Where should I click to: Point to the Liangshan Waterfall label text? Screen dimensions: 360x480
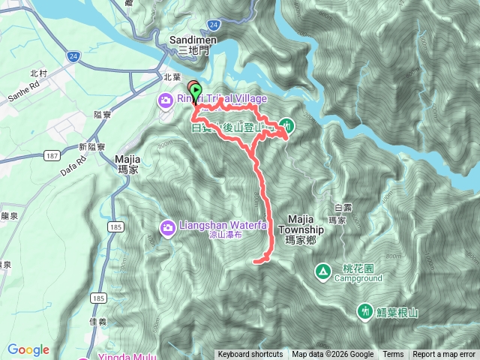[x=214, y=226]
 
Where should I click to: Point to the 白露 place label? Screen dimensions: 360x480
[x=342, y=207]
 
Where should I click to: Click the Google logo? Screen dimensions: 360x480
[x=28, y=349]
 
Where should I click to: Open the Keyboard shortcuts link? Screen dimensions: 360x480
[x=250, y=355]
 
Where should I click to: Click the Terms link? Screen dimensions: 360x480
[x=393, y=355]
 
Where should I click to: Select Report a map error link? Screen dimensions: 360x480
[x=445, y=355]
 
